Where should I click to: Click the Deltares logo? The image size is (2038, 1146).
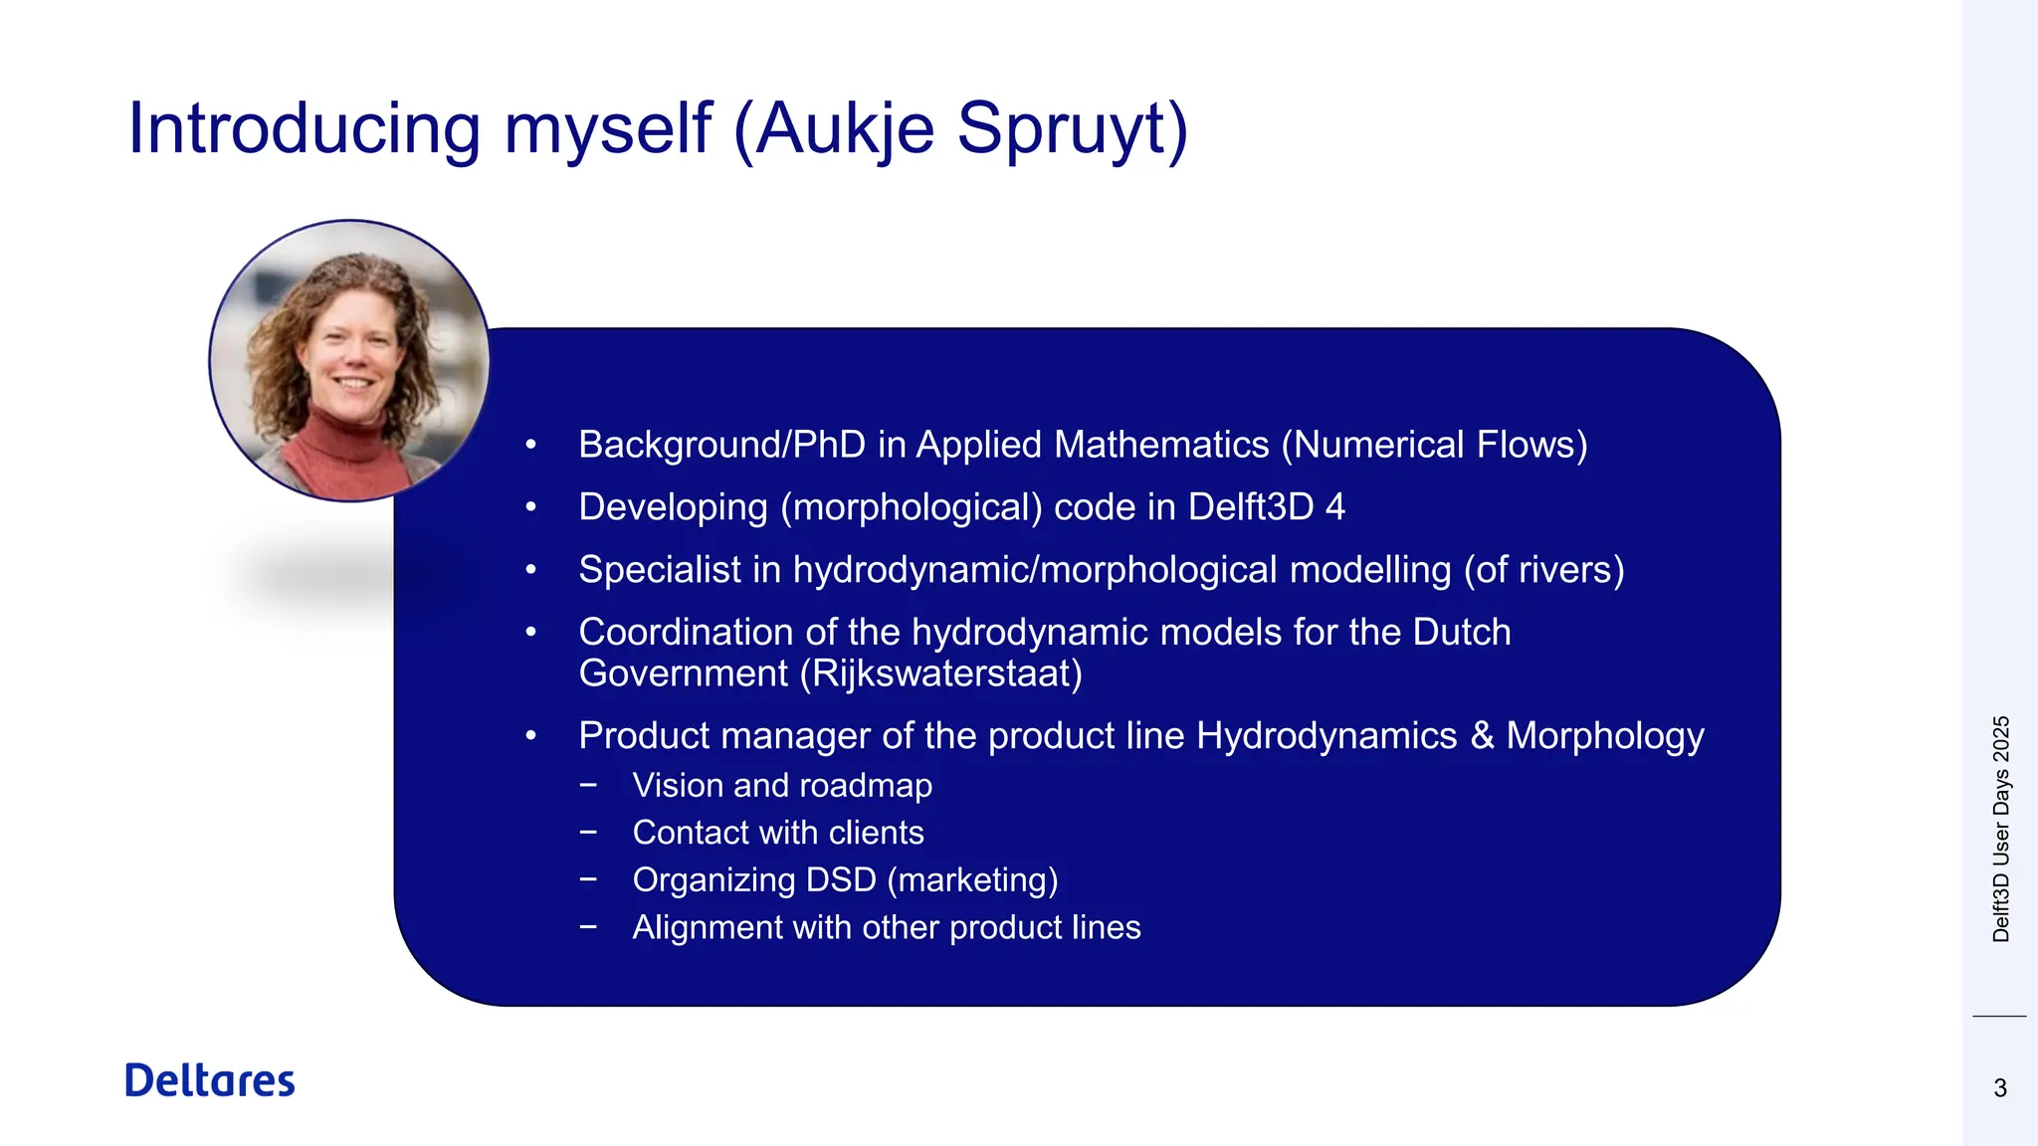(x=210, y=1080)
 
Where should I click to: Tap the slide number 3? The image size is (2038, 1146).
(x=2000, y=1088)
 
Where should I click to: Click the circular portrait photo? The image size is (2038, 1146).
(x=348, y=360)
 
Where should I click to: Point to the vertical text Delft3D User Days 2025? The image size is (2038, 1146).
(x=2001, y=829)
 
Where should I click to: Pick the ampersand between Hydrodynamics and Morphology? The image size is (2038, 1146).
(x=1482, y=736)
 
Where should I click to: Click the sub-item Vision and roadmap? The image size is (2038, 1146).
(x=782, y=786)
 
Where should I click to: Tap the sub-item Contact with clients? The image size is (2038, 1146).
(x=778, y=833)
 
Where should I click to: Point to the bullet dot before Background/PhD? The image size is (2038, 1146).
(x=531, y=445)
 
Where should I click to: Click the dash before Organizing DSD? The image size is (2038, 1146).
(x=589, y=879)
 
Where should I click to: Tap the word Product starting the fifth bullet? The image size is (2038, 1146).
(x=644, y=736)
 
